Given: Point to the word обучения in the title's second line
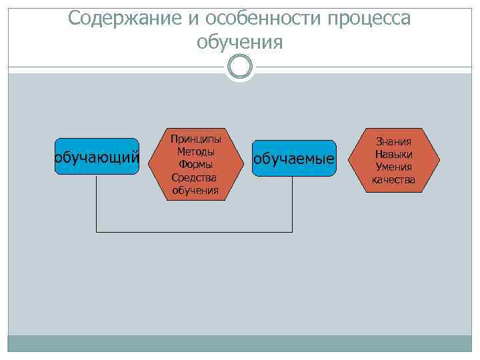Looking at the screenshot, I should point(240,43).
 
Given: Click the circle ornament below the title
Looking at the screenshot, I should point(240,67).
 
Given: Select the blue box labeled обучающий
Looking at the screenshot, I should point(97,157).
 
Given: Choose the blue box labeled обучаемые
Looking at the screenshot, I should point(293,159).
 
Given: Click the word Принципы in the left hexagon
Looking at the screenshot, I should point(195,139).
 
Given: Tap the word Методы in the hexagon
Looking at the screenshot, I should point(195,151).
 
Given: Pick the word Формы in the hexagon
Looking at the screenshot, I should point(195,164).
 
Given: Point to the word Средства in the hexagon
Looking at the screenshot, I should point(195,177).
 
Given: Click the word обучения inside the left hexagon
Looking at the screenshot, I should point(195,190).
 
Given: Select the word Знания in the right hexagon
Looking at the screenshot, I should point(393,141).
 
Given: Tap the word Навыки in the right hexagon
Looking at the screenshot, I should point(393,154).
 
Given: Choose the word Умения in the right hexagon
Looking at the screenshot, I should point(393,167).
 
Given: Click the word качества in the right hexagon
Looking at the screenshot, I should point(393,180).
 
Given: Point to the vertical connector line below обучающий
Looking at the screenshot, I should point(97,203).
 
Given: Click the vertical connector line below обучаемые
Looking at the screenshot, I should point(293,204).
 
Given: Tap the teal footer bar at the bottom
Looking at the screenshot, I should point(239,343).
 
